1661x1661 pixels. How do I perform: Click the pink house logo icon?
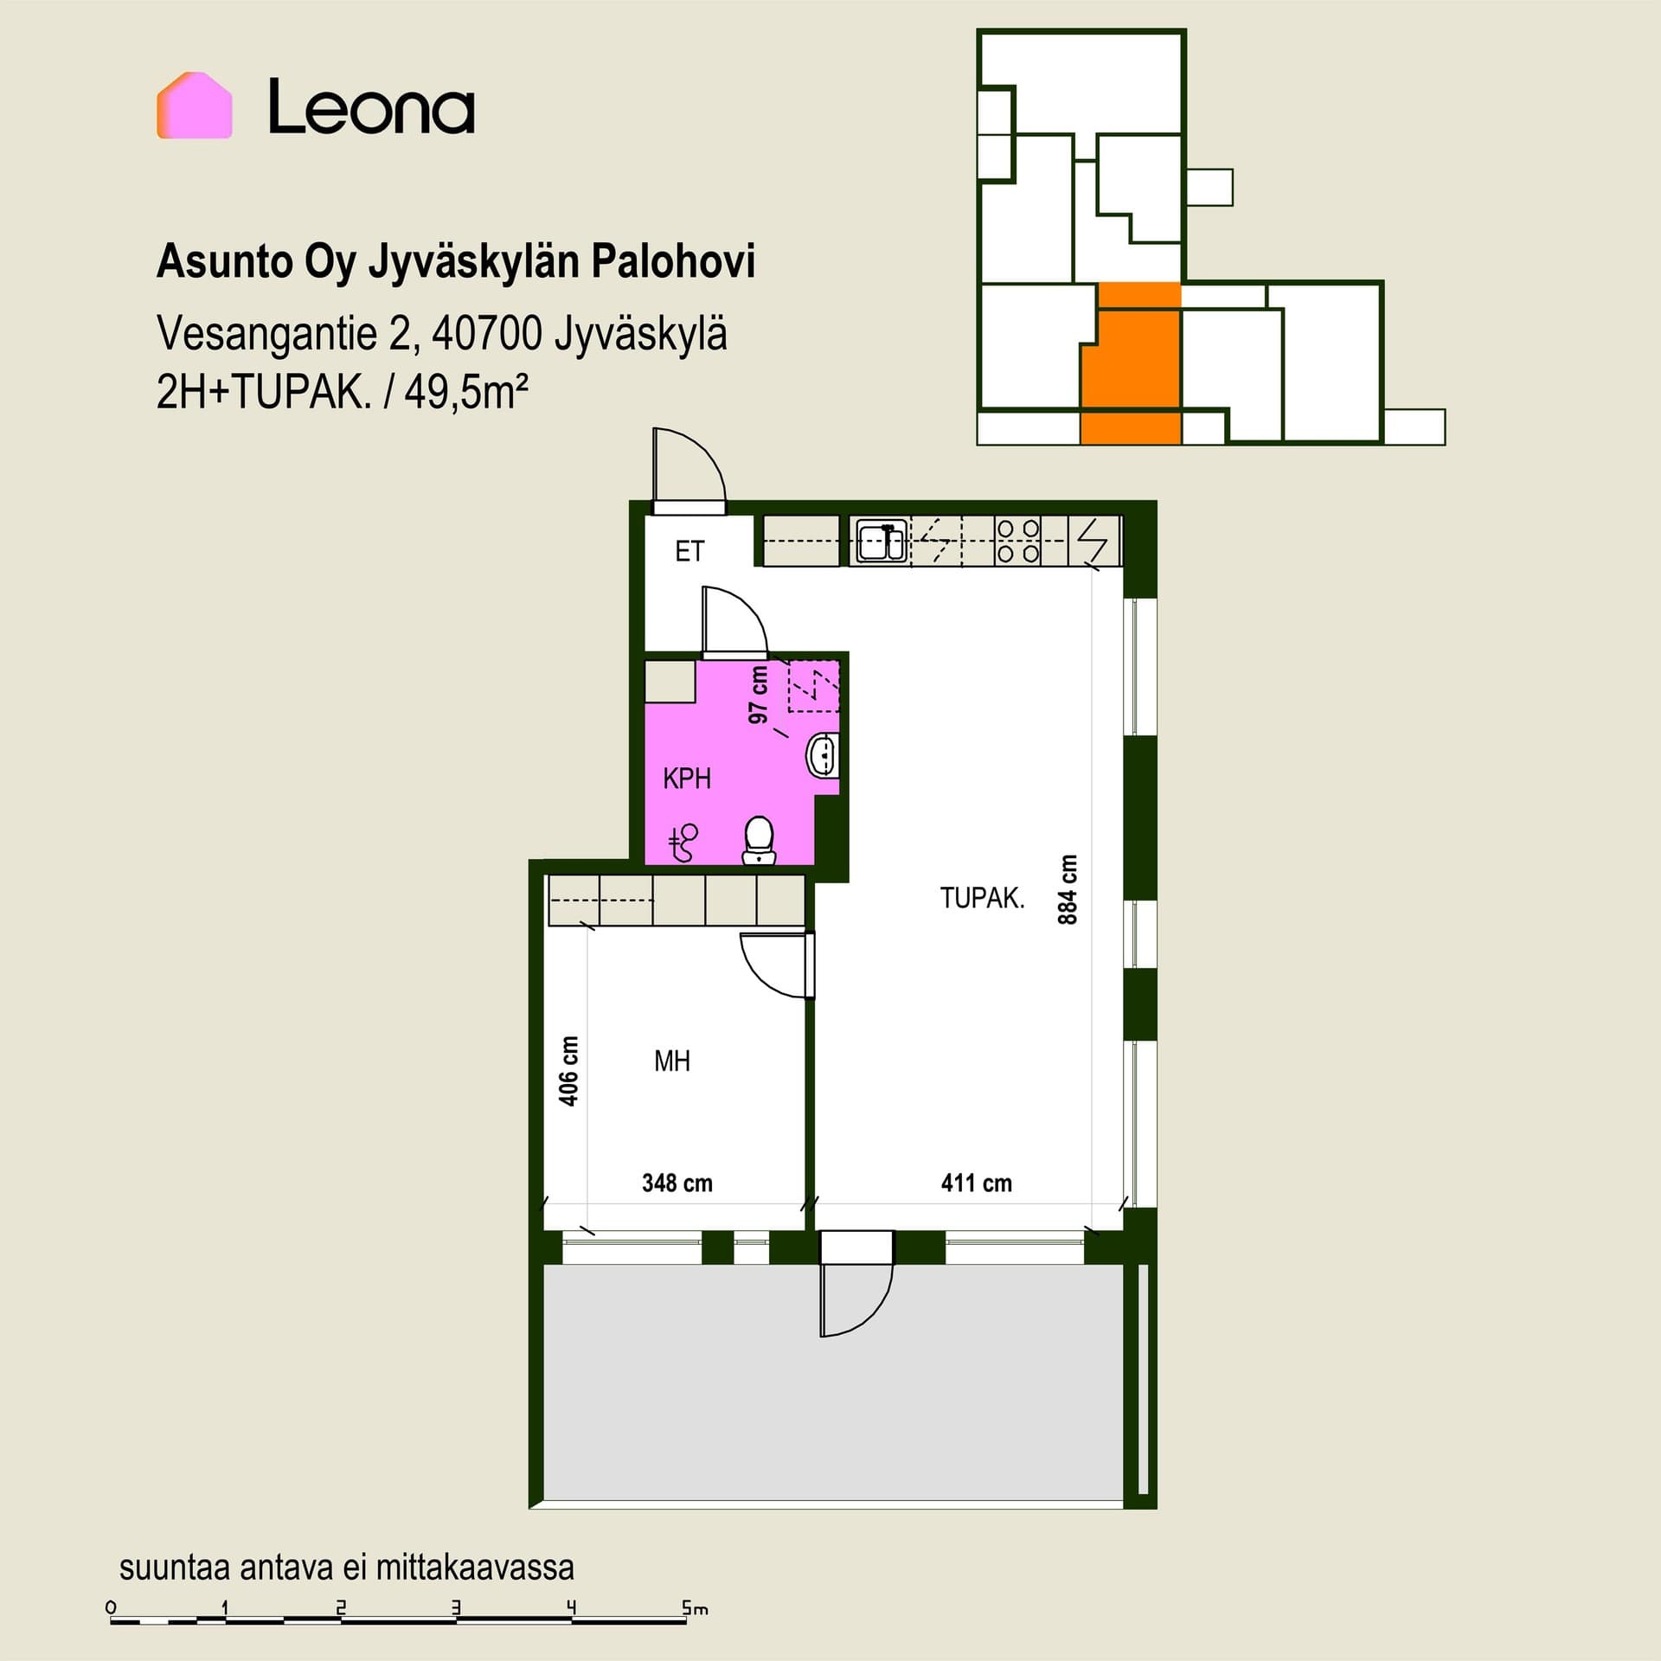[194, 106]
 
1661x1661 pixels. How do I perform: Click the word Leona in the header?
[371, 107]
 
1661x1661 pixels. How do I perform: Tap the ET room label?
[689, 551]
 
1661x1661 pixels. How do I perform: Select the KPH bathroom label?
[687, 779]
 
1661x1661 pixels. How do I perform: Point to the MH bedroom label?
[672, 1061]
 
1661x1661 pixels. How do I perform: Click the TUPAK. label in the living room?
[982, 898]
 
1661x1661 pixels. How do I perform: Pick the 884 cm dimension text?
[1068, 889]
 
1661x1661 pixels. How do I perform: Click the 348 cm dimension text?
[677, 1183]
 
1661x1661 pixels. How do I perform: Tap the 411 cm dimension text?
[977, 1183]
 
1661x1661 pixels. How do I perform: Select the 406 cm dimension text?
[568, 1071]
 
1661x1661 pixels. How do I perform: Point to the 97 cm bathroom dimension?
[759, 695]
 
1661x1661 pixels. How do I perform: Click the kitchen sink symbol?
[881, 542]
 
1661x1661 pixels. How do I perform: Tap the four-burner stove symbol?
[1017, 541]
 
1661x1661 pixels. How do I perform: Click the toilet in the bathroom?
[760, 841]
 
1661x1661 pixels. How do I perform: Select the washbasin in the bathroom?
[822, 755]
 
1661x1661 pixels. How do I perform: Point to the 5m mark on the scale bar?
[695, 1609]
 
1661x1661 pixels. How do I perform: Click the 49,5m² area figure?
[466, 393]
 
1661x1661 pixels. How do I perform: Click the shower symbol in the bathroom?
[683, 843]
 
